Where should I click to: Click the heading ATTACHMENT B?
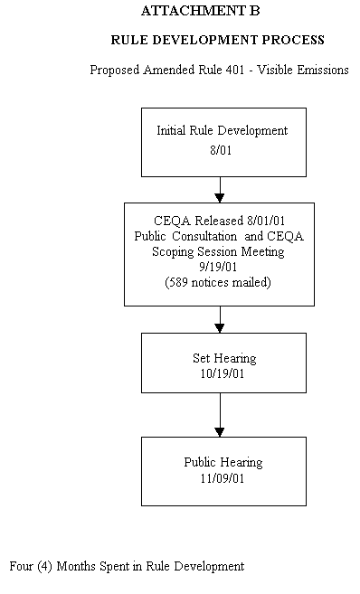pyautogui.click(x=200, y=12)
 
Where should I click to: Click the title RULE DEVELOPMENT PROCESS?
pyautogui.click(x=217, y=41)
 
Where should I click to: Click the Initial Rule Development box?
pyautogui.click(x=223, y=141)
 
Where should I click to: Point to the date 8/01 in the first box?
pyautogui.click(x=221, y=150)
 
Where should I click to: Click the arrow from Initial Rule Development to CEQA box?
pyautogui.click(x=220, y=189)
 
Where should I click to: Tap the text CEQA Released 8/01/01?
pyautogui.click(x=220, y=222)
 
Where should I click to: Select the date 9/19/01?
pyautogui.click(x=219, y=268)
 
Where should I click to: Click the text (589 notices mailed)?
pyautogui.click(x=218, y=283)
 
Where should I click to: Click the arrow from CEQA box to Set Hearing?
pyautogui.click(x=220, y=319)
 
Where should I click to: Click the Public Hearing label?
pyautogui.click(x=223, y=462)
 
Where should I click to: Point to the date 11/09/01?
pyautogui.click(x=223, y=477)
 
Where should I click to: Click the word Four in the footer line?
pyautogui.click(x=22, y=567)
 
